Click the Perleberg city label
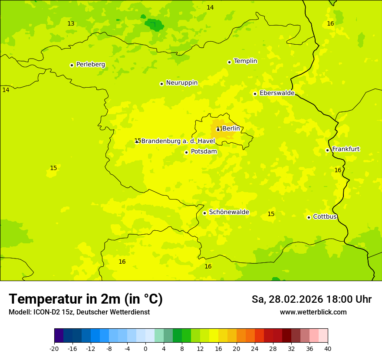[90, 65]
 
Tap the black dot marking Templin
[229, 62]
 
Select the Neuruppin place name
[181, 83]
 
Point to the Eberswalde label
[277, 93]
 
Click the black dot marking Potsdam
[186, 152]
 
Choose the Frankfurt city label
[346, 149]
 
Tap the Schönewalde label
[229, 212]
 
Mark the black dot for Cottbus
[309, 217]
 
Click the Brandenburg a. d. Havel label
[178, 141]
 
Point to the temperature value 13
[71, 23]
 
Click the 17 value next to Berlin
[219, 129]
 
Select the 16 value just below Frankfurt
[338, 170]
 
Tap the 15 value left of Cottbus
[271, 214]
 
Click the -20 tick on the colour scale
[54, 348]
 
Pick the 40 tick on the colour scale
[328, 348]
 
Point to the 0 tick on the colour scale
[145, 348]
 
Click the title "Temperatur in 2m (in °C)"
[86, 299]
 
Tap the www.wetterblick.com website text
[313, 312]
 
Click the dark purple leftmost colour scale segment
[59, 336]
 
